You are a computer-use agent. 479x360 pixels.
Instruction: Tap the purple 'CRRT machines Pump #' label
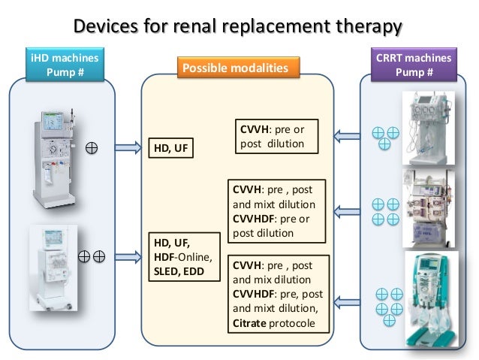pyautogui.click(x=423, y=65)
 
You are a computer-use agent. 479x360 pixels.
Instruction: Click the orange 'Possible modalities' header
pyautogui.click(x=236, y=69)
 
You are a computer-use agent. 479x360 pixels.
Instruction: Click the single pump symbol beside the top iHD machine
pyautogui.click(x=92, y=147)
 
